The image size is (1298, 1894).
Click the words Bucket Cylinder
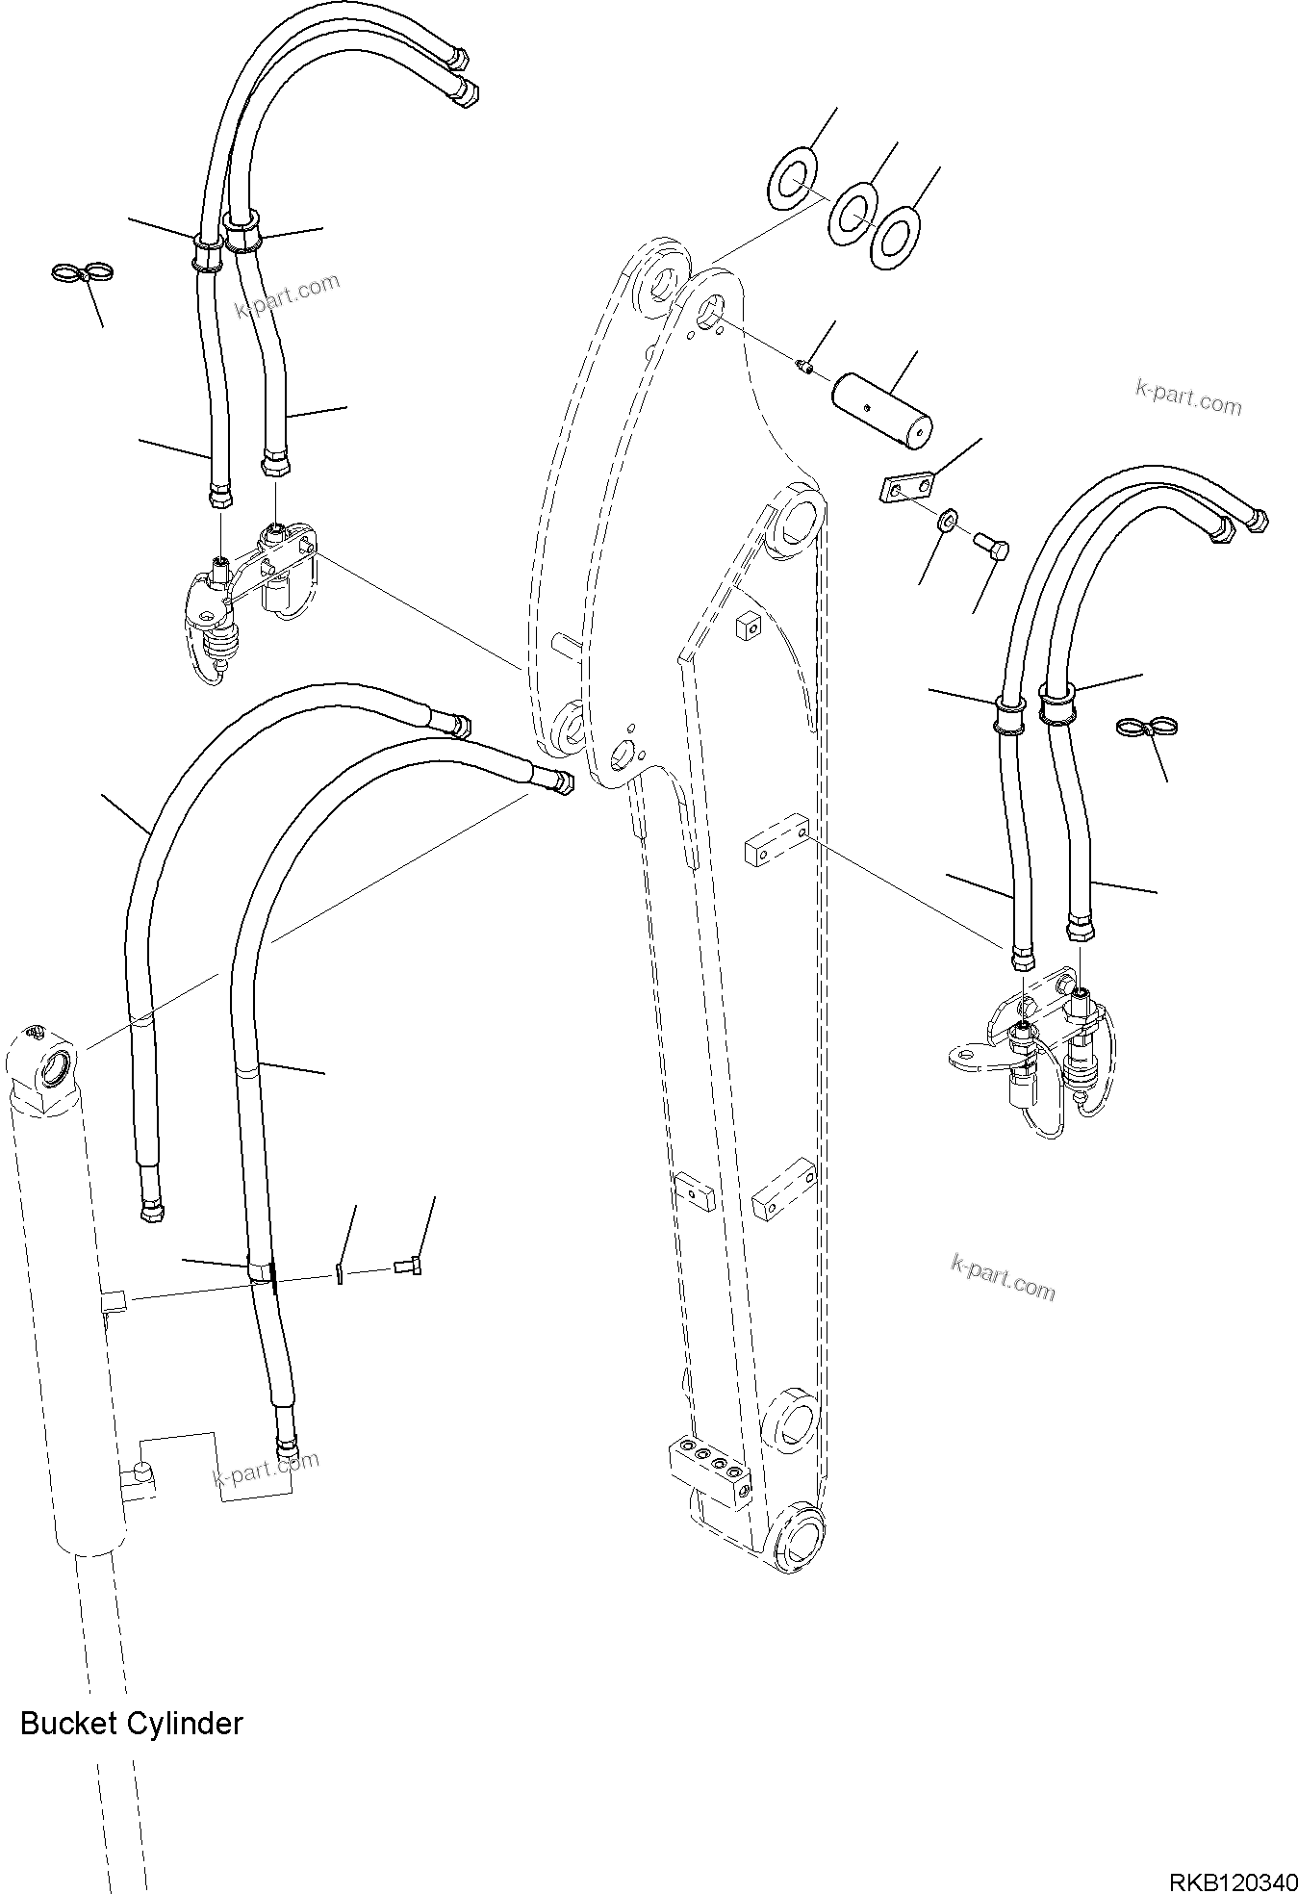[x=131, y=1722]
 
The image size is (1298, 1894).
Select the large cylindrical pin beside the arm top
[x=883, y=411]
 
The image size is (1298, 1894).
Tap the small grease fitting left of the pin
[x=805, y=364]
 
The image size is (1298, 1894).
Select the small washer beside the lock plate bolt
[x=948, y=521]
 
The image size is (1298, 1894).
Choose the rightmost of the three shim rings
[x=895, y=236]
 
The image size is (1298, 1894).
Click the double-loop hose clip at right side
[x=1147, y=728]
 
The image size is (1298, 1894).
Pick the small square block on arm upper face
[x=747, y=627]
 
